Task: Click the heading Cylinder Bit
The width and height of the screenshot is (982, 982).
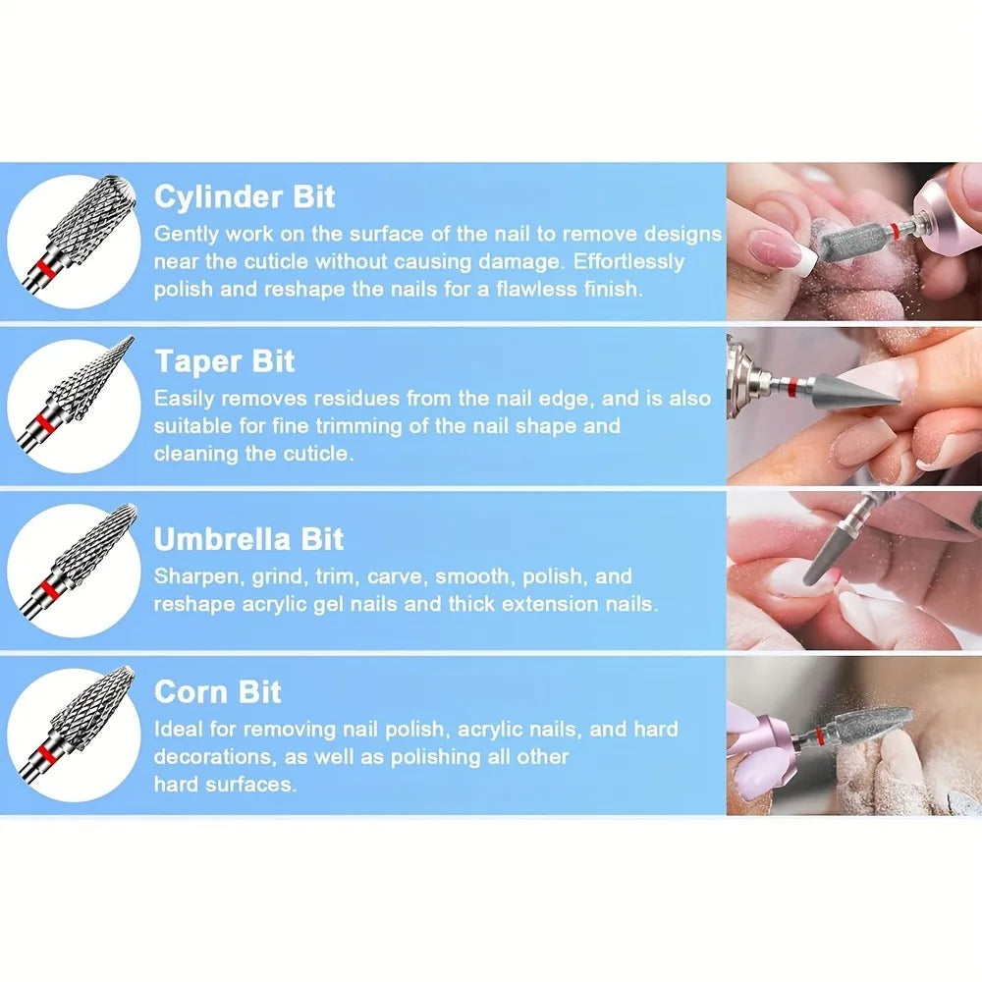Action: click(x=245, y=196)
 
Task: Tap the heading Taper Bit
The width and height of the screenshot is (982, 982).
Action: click(x=224, y=361)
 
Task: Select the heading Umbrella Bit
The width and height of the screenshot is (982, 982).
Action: click(x=248, y=538)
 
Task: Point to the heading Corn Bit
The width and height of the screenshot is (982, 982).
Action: click(x=217, y=692)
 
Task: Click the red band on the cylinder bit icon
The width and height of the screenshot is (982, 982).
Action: click(x=43, y=269)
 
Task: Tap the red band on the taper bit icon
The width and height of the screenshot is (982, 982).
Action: click(x=41, y=422)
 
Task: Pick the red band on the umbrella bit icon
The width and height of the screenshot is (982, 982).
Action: click(x=44, y=589)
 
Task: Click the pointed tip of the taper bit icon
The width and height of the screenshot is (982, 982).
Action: click(x=133, y=338)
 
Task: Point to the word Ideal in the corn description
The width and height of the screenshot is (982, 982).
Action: click(x=179, y=729)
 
